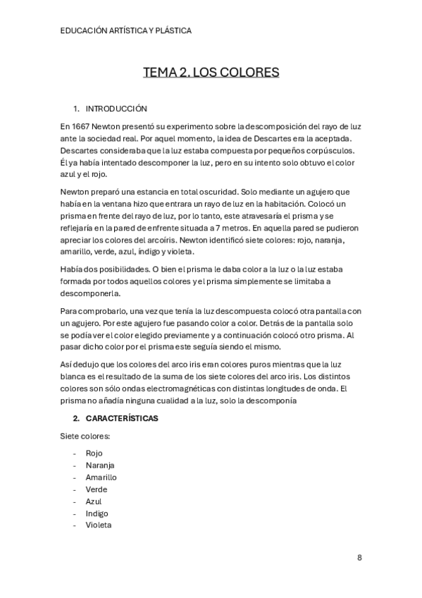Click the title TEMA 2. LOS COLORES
[x=211, y=73]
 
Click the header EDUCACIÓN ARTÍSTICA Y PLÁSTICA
[x=126, y=31]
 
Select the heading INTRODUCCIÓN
[x=116, y=109]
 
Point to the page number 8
[x=359, y=557]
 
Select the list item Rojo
[x=94, y=453]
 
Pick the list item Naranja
[x=100, y=465]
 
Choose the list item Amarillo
[x=101, y=477]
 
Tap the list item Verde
[x=97, y=489]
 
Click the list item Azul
[x=94, y=501]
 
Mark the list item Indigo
[x=97, y=513]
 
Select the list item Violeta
[x=99, y=525]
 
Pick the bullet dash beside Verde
[x=73, y=489]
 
